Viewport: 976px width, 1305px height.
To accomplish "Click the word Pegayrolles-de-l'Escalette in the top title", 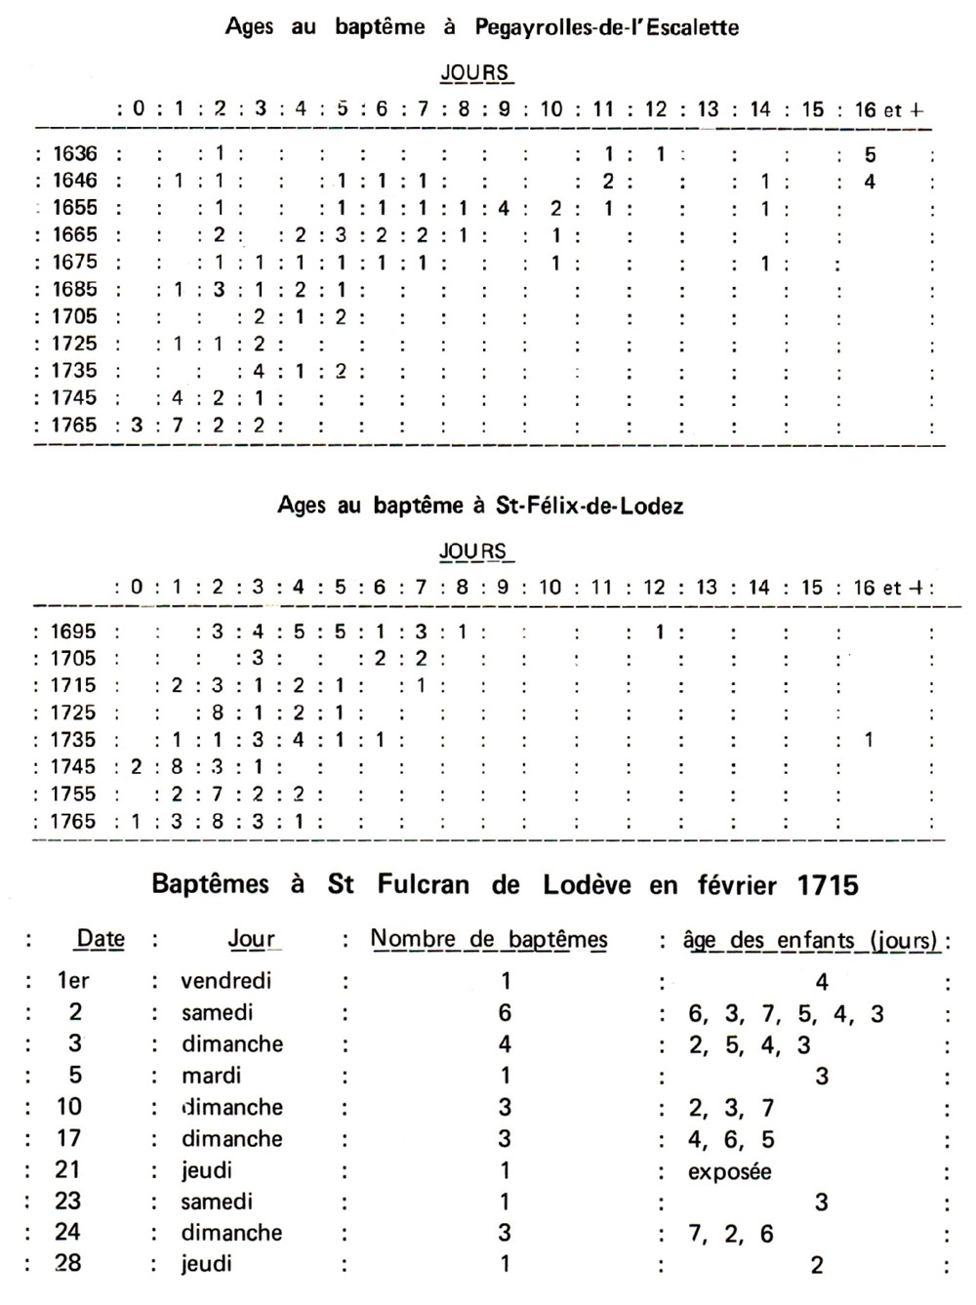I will [606, 27].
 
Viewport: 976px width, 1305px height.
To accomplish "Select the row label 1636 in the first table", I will [75, 153].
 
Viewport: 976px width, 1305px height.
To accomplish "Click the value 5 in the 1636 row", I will [870, 153].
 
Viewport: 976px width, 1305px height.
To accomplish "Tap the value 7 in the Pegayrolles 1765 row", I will [179, 425].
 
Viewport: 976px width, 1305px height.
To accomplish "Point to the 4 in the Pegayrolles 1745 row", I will [178, 397].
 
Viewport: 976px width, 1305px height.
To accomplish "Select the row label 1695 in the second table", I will [74, 632].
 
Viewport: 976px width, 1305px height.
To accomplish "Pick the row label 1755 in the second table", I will [74, 794].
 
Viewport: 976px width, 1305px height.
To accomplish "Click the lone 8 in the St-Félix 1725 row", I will [218, 713].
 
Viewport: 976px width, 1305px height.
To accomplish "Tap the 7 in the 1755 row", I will [218, 794].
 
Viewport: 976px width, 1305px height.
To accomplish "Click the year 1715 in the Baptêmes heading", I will [827, 885].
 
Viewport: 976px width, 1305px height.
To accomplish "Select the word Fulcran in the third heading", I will [424, 885].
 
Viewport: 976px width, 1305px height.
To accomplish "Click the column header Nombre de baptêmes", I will [489, 939].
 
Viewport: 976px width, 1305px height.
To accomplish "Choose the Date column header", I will [101, 939].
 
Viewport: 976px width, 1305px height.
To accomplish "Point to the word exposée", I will [729, 1170].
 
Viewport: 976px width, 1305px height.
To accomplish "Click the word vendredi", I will [226, 981].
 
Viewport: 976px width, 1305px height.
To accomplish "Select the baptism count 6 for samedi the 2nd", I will [505, 1012].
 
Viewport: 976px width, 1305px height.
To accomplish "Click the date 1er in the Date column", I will [73, 981].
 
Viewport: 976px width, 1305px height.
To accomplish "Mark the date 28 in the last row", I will [68, 1263].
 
